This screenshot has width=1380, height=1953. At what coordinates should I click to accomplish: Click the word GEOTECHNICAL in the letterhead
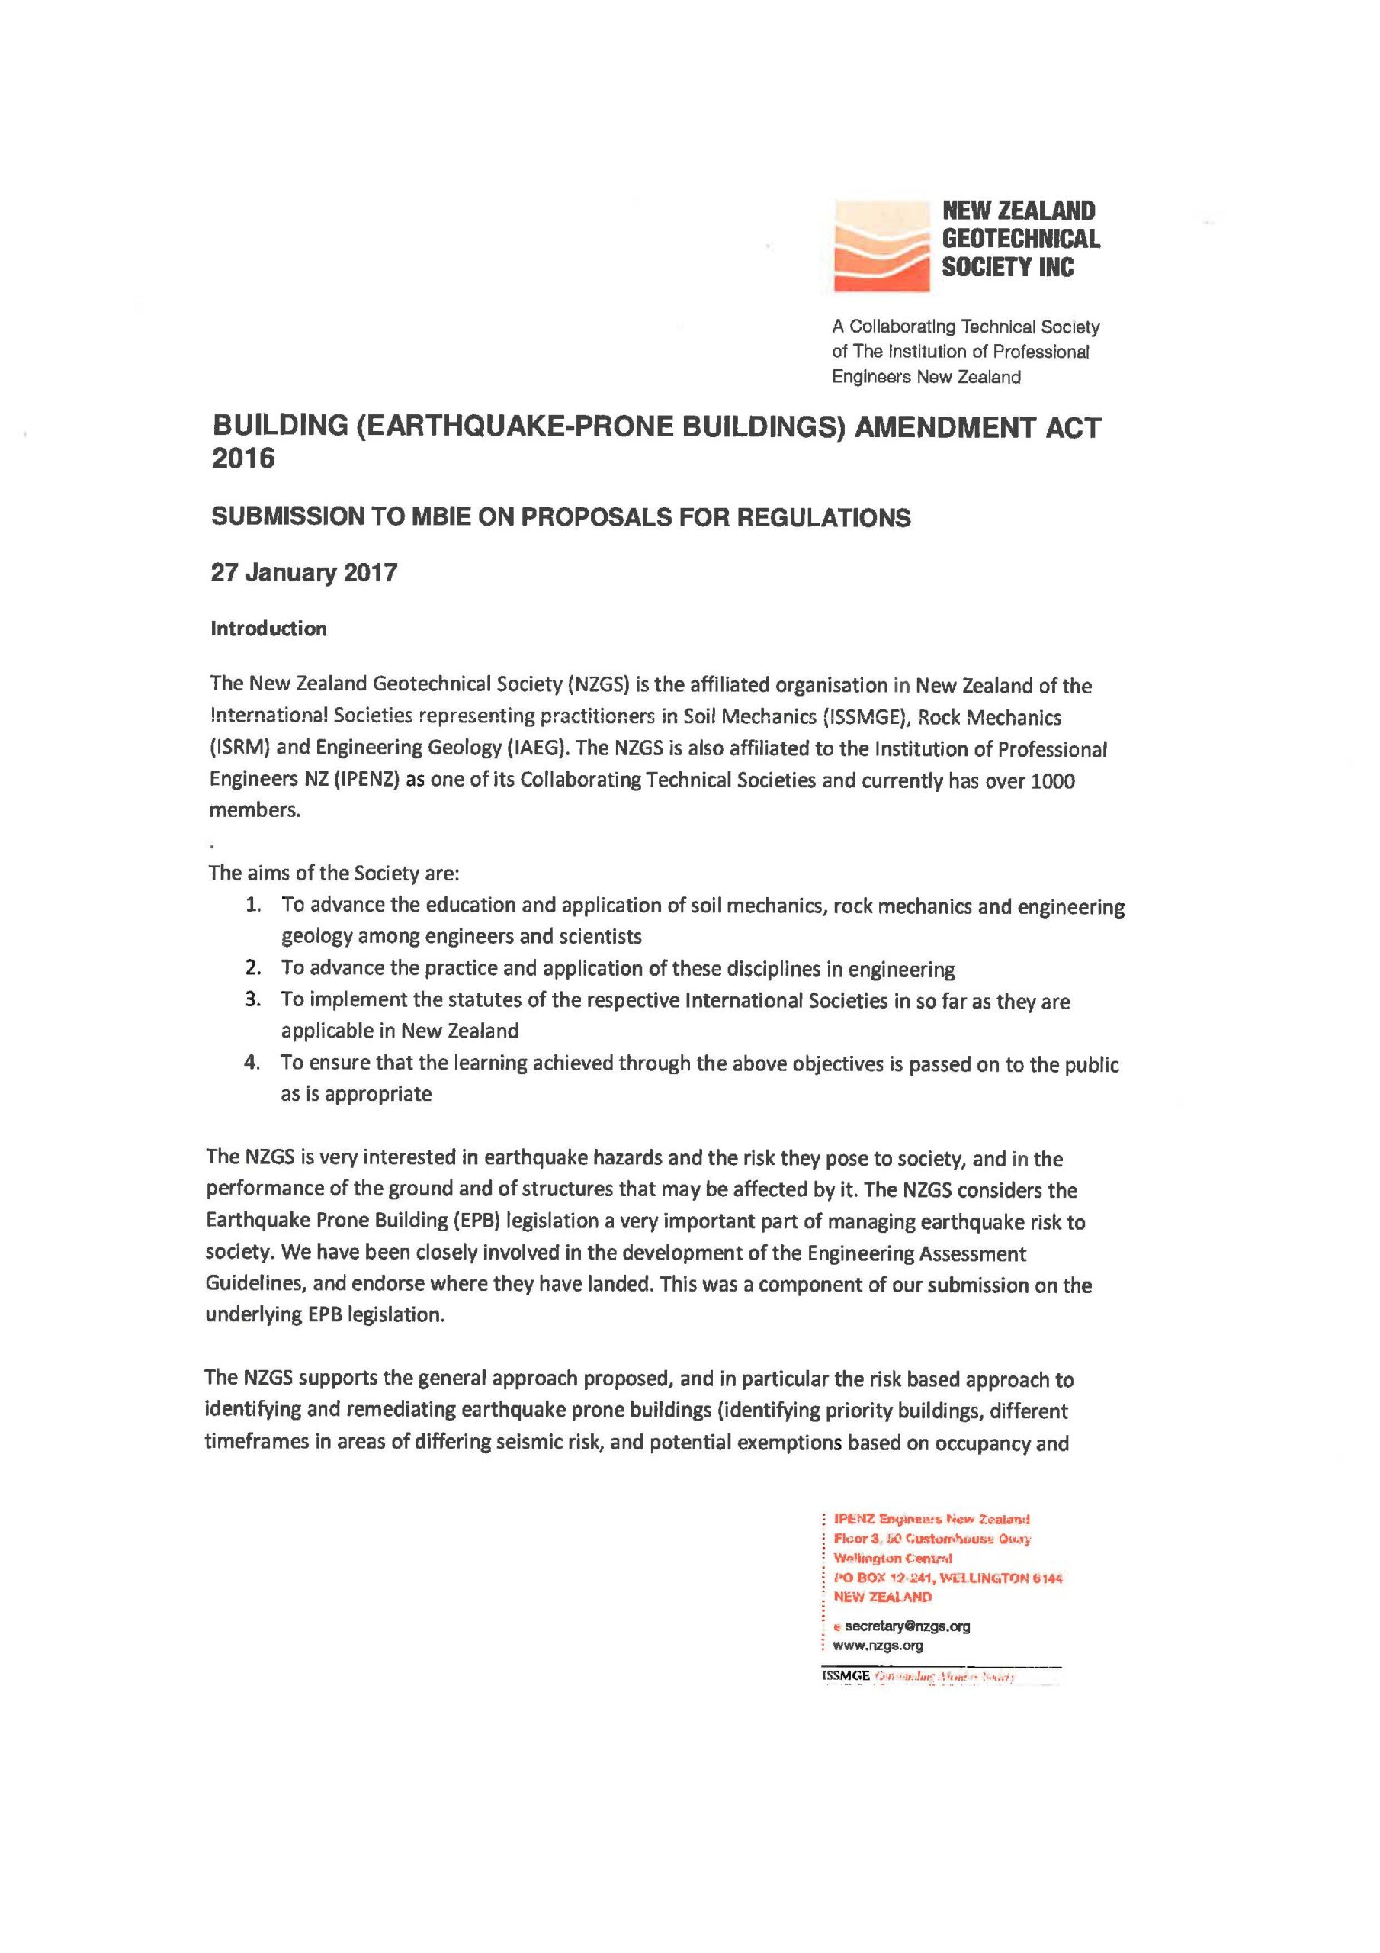[1020, 239]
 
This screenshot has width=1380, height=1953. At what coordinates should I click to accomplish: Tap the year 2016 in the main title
[243, 458]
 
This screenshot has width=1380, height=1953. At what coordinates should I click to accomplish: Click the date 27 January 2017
[303, 572]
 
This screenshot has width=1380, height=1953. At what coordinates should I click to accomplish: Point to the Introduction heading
[268, 629]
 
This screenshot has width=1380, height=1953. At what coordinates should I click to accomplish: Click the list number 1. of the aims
[254, 904]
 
